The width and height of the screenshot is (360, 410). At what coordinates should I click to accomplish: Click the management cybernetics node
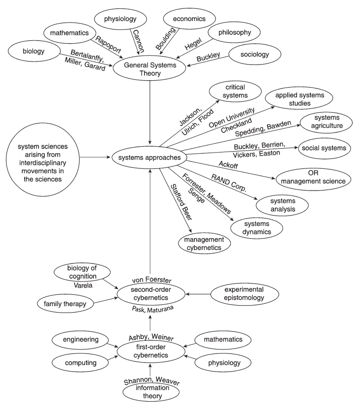(203, 242)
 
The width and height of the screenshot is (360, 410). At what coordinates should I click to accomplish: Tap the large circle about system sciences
(40, 157)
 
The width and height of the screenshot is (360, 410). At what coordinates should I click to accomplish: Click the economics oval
(188, 19)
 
